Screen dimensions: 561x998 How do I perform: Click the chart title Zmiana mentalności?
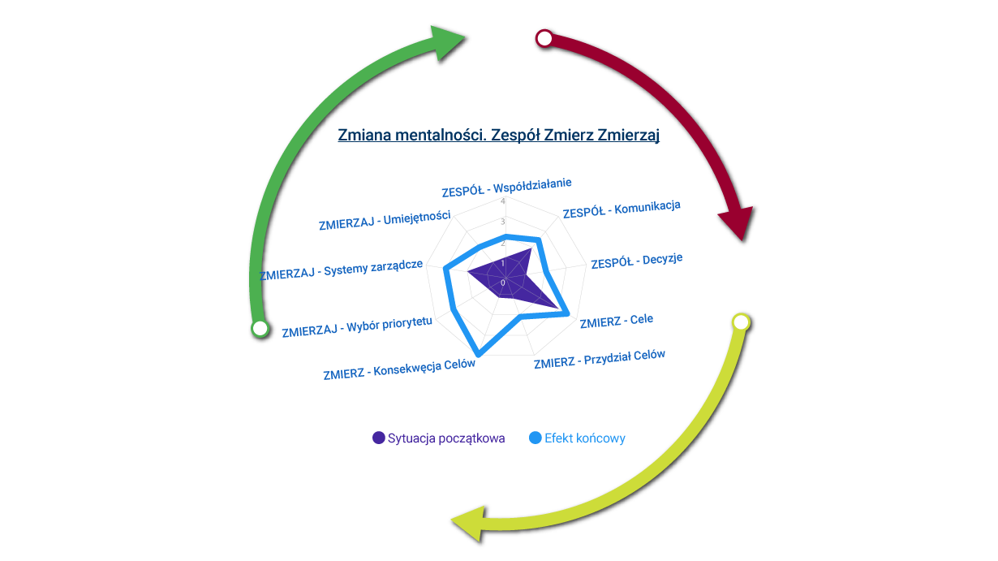click(x=498, y=135)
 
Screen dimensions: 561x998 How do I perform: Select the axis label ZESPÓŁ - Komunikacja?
click(x=622, y=209)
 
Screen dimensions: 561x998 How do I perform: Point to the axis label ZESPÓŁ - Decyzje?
click(x=637, y=261)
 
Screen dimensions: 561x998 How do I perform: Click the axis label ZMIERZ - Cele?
click(x=617, y=321)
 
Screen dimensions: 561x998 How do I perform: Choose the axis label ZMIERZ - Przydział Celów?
click(x=600, y=359)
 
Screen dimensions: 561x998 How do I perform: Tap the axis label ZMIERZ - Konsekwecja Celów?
click(x=398, y=369)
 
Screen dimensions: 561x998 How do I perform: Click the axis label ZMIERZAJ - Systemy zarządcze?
click(x=341, y=270)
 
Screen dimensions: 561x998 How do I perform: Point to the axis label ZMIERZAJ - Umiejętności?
click(x=385, y=220)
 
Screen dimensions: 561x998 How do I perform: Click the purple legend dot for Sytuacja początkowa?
click(x=379, y=438)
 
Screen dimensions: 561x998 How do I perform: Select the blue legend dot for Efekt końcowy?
click(x=536, y=438)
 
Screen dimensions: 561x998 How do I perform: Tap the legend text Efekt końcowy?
click(x=585, y=438)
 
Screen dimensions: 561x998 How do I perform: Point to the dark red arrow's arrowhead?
click(x=737, y=222)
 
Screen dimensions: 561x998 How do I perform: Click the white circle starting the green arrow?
click(x=260, y=328)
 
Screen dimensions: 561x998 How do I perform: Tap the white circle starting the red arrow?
click(x=544, y=38)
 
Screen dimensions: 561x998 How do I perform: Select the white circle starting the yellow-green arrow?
click(x=740, y=321)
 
